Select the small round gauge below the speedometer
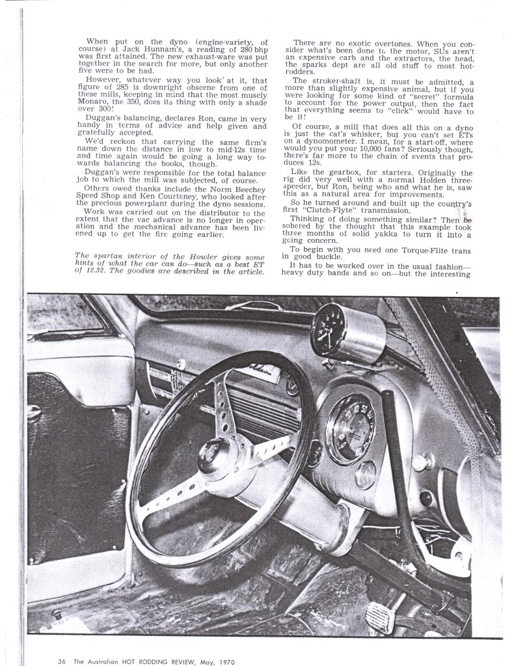pos(366,474)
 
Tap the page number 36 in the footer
pos(62,661)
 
